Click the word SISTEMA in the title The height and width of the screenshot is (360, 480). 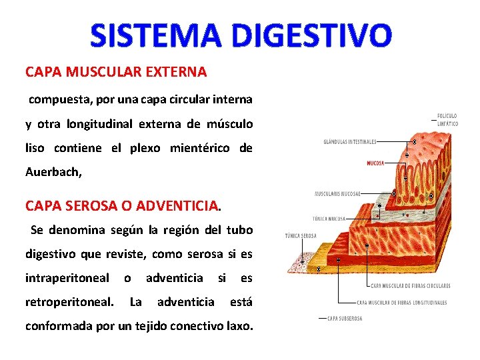coord(147,35)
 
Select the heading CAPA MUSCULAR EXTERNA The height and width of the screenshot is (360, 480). coord(116,71)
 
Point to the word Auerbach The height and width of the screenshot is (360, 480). coord(53,171)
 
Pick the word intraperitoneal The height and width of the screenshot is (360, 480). coord(67,277)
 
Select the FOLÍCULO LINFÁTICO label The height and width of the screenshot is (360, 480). coord(447,119)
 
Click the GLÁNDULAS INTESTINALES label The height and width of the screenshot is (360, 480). coord(350,141)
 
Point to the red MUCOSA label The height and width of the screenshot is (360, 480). coord(375,163)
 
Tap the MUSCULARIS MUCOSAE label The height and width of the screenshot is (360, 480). coord(338,193)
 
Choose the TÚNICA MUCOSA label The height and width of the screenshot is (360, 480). coord(329,218)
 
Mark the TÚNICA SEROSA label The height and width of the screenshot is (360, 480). coord(301,235)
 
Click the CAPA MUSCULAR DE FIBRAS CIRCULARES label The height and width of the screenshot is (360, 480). coord(410,286)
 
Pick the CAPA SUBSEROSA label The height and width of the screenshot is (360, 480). coord(345,319)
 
